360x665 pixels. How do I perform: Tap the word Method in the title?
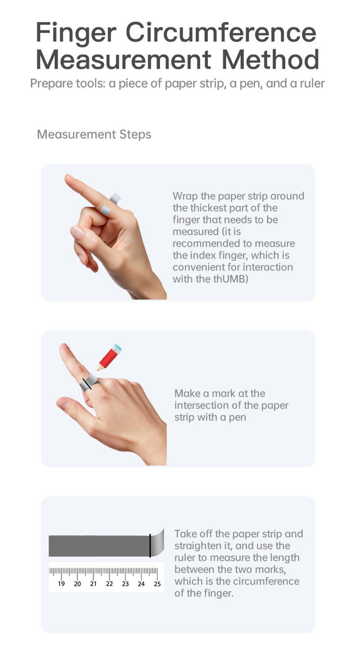point(270,59)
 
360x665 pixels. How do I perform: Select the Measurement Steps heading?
point(94,135)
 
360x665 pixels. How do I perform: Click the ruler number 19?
point(61,584)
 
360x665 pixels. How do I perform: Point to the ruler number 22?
point(109,584)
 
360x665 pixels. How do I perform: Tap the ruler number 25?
point(157,584)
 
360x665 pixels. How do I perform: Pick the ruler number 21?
point(93,584)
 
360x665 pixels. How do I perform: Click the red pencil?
point(109,357)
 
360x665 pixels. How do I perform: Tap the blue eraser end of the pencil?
point(118,348)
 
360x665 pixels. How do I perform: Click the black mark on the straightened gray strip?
point(150,546)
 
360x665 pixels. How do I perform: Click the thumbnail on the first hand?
point(77,233)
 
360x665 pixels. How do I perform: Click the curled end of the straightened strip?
point(157,543)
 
